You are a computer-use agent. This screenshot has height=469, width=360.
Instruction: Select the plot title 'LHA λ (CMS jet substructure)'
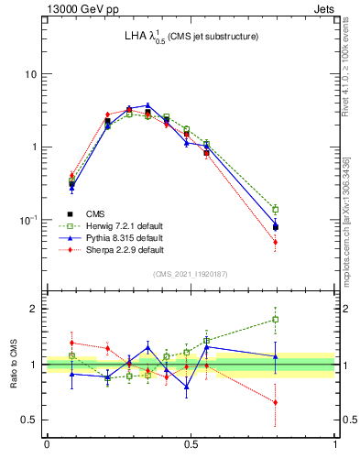(191, 37)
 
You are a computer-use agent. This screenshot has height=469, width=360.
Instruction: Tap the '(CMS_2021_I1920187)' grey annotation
(191, 275)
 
